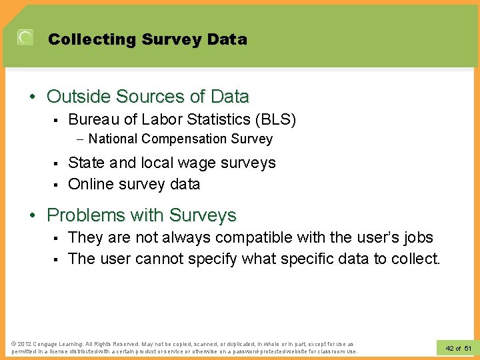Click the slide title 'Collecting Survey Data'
(x=147, y=39)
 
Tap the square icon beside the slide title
(x=25, y=38)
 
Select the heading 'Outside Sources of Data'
(x=147, y=97)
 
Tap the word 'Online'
(x=91, y=184)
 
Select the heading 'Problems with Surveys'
(x=141, y=215)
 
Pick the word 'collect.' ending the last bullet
(x=416, y=259)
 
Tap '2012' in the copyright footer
(x=25, y=343)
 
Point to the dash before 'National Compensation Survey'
(x=79, y=139)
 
